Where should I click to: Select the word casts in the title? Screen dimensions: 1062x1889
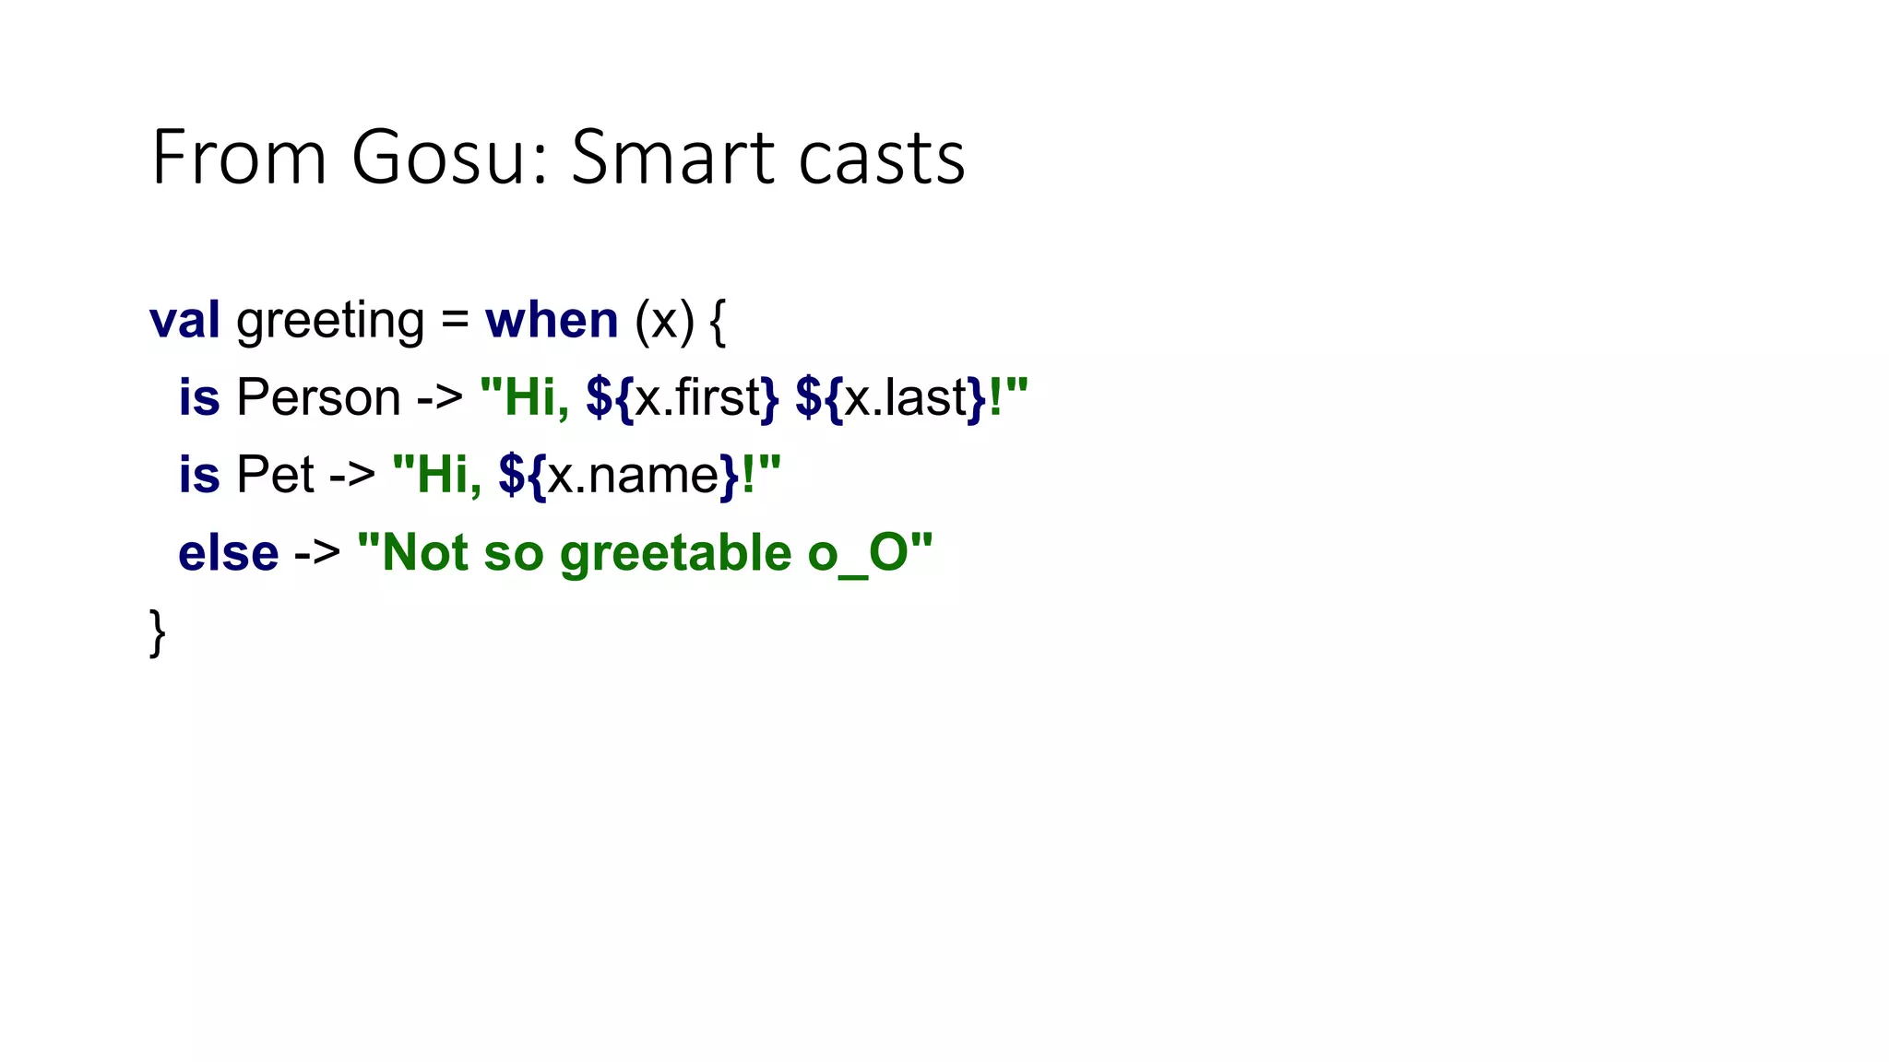click(881, 158)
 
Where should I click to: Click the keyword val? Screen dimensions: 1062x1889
click(184, 320)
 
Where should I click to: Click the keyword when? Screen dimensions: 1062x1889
click(552, 320)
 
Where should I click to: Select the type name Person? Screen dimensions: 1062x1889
click(318, 398)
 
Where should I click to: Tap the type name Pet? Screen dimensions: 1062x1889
click(275, 476)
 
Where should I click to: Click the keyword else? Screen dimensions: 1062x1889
click(228, 553)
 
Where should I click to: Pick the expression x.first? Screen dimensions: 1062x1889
click(697, 398)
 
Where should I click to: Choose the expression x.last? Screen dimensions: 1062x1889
click(905, 398)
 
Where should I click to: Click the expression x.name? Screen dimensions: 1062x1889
click(633, 476)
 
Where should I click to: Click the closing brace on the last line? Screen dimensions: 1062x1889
click(158, 632)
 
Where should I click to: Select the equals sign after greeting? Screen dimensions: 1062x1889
click(455, 322)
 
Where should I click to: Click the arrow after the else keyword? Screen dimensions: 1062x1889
click(317, 554)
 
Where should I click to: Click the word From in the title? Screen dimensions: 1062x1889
click(239, 158)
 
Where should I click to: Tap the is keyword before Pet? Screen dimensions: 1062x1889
click(199, 476)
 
